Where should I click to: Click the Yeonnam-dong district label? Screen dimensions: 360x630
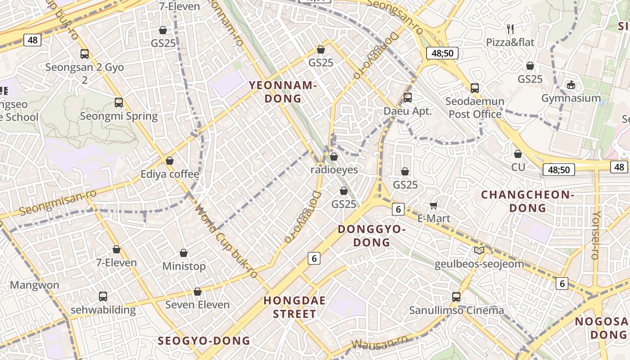point(283,92)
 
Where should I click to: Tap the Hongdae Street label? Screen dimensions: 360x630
point(295,307)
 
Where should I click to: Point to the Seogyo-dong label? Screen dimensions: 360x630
point(204,341)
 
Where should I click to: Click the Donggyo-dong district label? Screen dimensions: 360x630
point(371,235)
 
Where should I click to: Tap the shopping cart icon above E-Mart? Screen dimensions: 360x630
point(434,206)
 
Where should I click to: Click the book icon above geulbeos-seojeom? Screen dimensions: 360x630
point(479,250)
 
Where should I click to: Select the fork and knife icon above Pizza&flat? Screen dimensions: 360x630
point(510,29)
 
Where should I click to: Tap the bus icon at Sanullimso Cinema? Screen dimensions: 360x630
point(456,297)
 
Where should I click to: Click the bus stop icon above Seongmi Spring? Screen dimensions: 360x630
point(119,103)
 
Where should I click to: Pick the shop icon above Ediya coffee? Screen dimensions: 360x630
point(170,161)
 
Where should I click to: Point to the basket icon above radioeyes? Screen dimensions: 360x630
point(334,157)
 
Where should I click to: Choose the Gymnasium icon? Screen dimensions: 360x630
point(571,85)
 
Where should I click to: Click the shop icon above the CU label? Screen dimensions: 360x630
point(518,154)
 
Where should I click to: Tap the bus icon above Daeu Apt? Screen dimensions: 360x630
point(408,97)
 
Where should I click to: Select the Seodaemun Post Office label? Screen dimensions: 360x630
point(475,108)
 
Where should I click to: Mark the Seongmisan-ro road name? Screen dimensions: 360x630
point(58,203)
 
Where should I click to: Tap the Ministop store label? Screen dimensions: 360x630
point(184,266)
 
